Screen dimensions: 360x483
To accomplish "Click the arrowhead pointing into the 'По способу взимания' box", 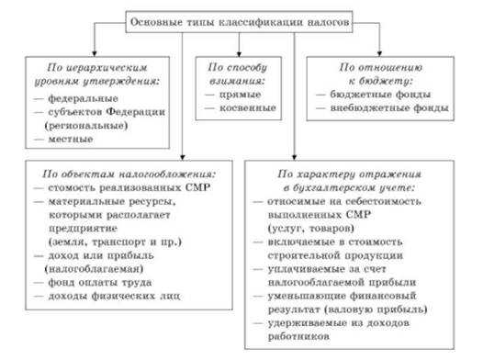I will coord(238,54).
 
